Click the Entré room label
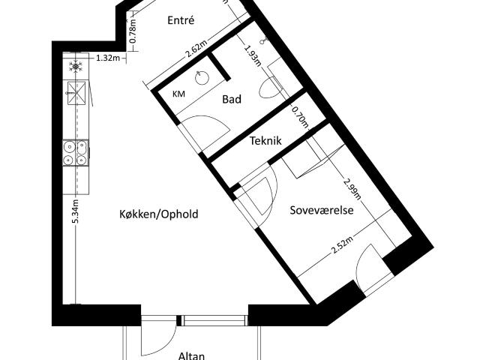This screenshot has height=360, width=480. [181, 20]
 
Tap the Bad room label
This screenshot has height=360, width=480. [232, 99]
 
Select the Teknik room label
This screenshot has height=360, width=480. [265, 141]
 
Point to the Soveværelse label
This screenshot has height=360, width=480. [322, 210]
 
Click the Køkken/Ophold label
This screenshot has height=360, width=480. [158, 214]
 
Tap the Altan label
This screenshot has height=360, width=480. [191, 355]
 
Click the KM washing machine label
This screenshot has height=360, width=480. [178, 94]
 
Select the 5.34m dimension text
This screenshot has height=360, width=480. [76, 211]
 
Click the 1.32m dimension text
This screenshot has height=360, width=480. [108, 58]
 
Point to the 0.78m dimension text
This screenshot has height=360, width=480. [133, 31]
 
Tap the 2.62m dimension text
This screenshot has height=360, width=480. [196, 49]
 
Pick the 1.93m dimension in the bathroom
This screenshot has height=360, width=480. [253, 55]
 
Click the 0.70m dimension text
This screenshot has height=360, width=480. [300, 117]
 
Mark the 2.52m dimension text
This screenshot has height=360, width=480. [342, 247]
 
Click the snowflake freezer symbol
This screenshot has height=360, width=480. [76, 67]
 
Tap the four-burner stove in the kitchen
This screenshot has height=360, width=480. [76, 153]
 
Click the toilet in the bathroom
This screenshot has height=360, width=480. [271, 87]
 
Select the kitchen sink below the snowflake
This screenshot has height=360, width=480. [76, 93]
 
